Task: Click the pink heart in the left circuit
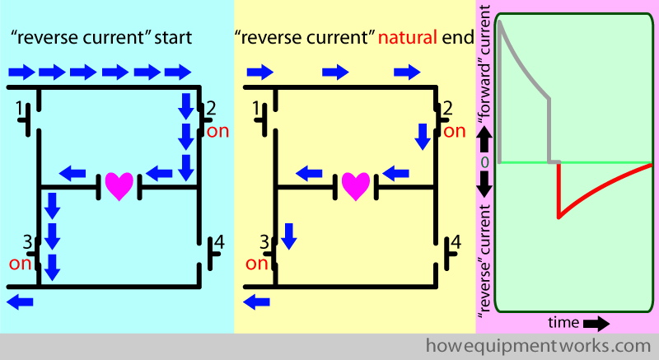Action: (119, 185)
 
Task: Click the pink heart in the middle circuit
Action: (355, 185)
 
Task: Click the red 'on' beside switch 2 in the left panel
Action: (217, 130)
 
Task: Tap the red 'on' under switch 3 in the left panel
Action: (20, 264)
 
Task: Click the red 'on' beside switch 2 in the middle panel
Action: (455, 130)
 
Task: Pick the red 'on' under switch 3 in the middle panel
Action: (257, 264)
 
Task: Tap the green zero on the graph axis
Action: (484, 162)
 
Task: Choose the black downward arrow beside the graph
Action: (484, 186)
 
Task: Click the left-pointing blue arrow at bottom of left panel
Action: (20, 302)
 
